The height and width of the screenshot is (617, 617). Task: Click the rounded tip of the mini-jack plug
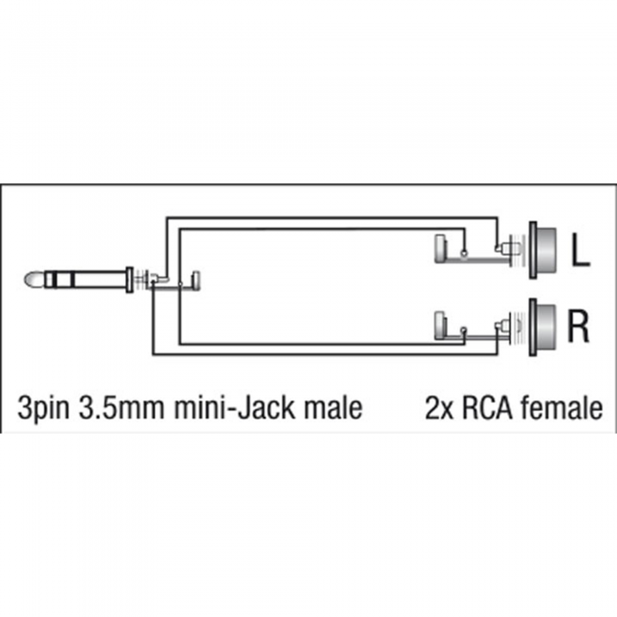click(34, 279)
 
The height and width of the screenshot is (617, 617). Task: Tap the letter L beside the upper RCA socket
click(580, 249)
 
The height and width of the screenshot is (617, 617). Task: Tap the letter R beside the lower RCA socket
click(577, 326)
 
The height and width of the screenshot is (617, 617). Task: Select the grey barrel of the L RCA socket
click(546, 250)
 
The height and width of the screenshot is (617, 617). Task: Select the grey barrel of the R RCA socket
click(546, 326)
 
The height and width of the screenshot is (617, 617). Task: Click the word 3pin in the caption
click(43, 408)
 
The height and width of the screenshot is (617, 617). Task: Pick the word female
click(561, 407)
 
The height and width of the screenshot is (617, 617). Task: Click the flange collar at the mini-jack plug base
click(130, 279)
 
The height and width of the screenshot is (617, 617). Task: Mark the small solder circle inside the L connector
click(464, 254)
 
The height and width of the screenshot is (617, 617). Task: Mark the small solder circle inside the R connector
click(464, 329)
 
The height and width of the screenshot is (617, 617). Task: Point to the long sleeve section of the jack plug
click(100, 279)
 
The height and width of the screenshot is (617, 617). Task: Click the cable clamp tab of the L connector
click(440, 249)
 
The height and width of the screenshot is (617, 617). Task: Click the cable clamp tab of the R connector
click(440, 325)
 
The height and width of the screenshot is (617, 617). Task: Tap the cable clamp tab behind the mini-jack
click(196, 281)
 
